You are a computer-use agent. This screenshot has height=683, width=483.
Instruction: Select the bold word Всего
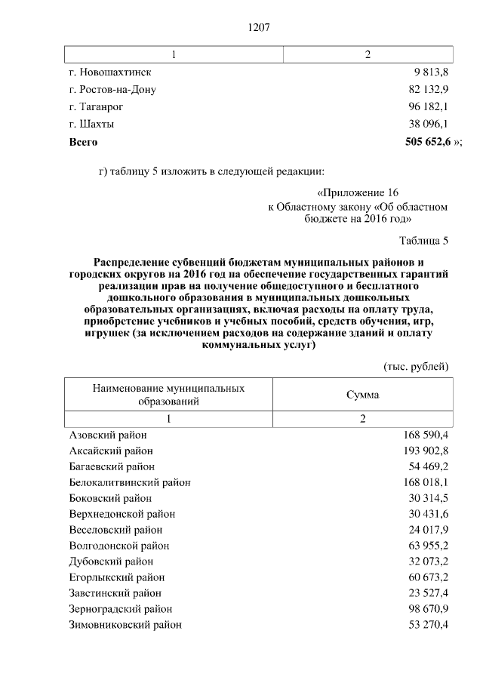[x=83, y=141]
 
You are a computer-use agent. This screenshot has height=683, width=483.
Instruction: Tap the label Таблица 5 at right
[x=423, y=241]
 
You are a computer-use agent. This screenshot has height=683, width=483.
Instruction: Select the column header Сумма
[x=362, y=395]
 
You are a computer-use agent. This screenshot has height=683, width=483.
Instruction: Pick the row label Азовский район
[x=108, y=435]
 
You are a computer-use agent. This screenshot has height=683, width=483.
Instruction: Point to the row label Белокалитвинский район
[x=130, y=482]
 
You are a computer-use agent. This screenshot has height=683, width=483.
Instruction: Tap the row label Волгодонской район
[x=119, y=546]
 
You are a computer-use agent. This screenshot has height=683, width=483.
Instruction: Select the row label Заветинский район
[x=115, y=593]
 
